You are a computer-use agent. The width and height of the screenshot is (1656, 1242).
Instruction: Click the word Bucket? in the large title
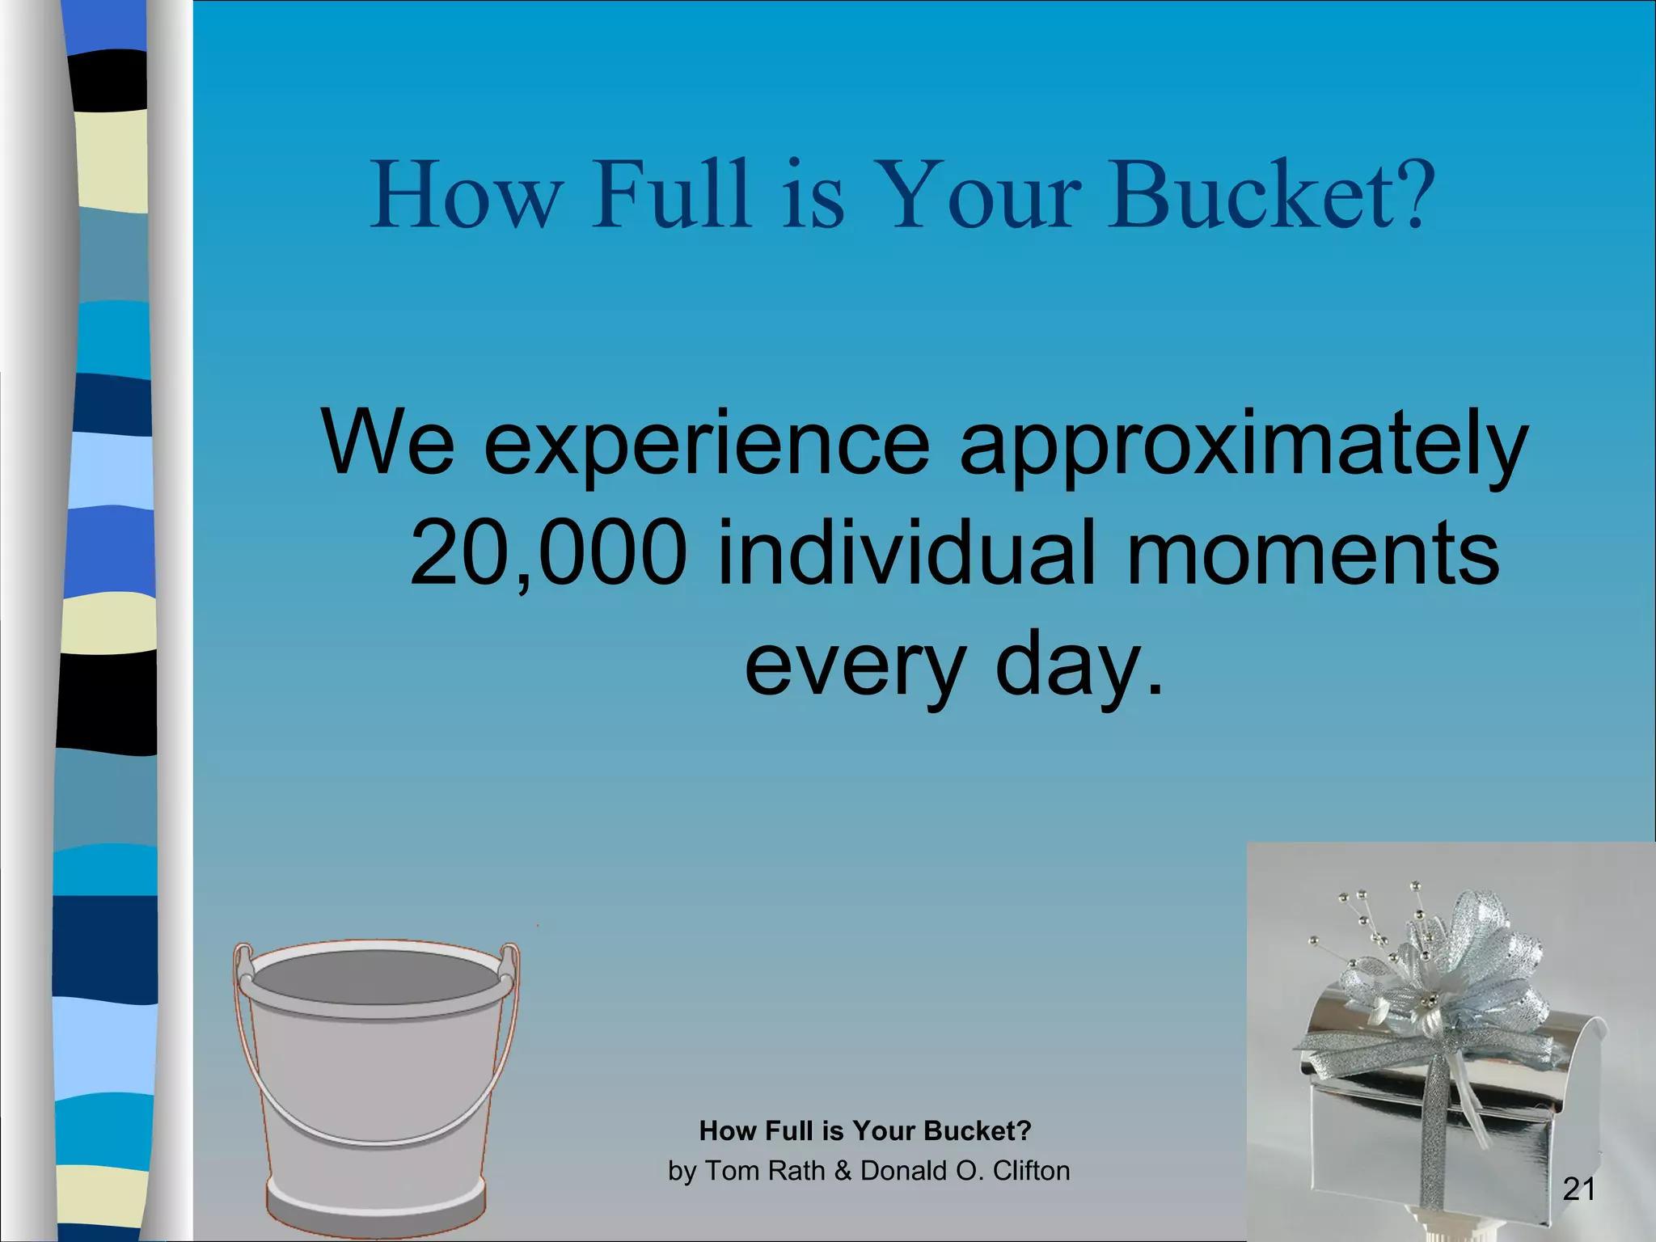tap(1270, 195)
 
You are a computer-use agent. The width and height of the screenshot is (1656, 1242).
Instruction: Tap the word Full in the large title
tap(670, 195)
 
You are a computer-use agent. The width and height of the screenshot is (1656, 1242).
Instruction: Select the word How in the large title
tap(466, 195)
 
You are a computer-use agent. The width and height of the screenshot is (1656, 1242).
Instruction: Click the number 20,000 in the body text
tap(548, 554)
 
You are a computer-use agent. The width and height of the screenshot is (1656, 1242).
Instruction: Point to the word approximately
tap(1244, 445)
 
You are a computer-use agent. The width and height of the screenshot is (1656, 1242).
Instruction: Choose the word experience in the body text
tap(707, 445)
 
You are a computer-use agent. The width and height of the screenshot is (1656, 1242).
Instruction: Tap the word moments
tap(1312, 554)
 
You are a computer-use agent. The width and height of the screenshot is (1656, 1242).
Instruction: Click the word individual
tap(906, 554)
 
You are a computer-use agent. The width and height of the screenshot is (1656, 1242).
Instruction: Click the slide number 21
tap(1578, 1189)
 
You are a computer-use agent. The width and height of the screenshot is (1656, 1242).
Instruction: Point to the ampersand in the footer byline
tap(843, 1170)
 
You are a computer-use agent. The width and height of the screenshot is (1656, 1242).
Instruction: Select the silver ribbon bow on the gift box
tap(1447, 962)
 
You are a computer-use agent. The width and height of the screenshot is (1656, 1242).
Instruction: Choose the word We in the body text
tap(387, 445)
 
